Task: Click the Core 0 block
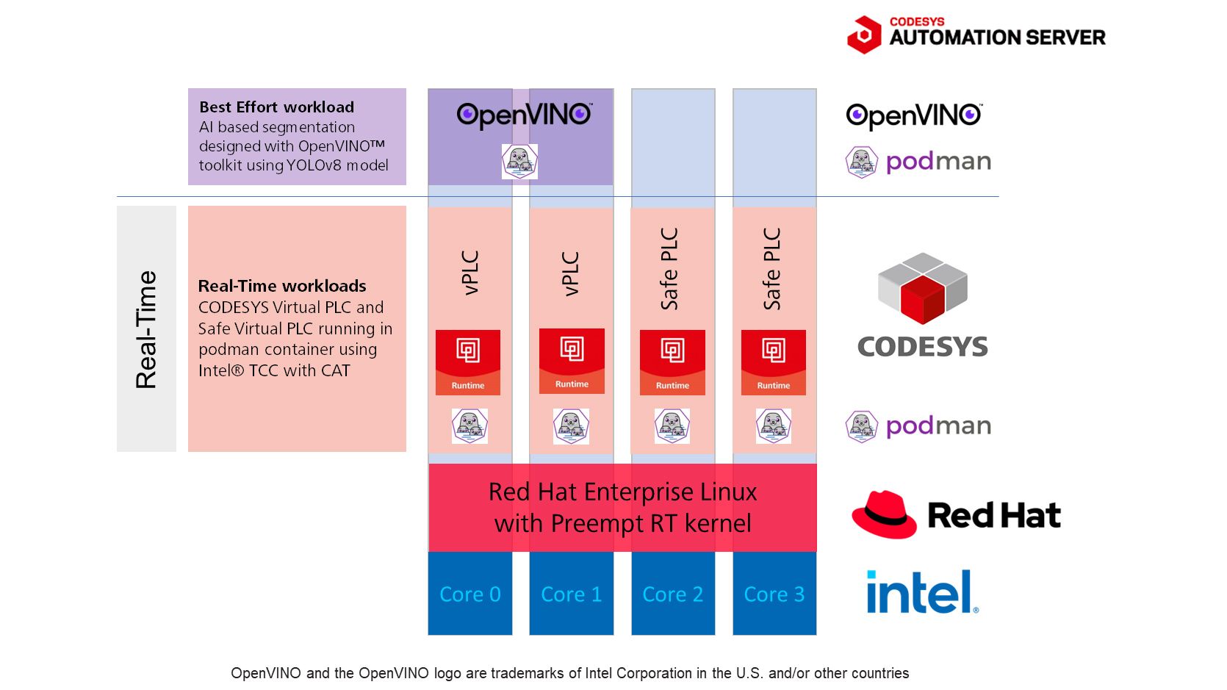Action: (x=470, y=593)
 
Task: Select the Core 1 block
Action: (x=572, y=593)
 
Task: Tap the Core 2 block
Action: (x=673, y=593)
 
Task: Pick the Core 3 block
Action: (x=774, y=593)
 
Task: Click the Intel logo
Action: (x=922, y=592)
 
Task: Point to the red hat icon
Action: (x=884, y=514)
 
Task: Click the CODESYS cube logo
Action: (x=922, y=288)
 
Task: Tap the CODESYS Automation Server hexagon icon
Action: (x=864, y=35)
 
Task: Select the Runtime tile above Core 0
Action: (x=468, y=362)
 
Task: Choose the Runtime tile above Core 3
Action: (x=774, y=362)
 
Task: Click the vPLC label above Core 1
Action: (x=570, y=274)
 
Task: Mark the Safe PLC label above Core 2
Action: (x=669, y=269)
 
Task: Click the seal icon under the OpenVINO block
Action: (x=520, y=162)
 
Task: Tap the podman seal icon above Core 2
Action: (x=672, y=426)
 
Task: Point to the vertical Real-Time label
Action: (x=146, y=329)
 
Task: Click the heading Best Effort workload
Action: (x=276, y=107)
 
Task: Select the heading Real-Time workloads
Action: (x=282, y=286)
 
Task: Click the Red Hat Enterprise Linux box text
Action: (x=622, y=508)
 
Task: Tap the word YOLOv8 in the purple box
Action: (x=314, y=165)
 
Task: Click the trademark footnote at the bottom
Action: (x=569, y=673)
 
